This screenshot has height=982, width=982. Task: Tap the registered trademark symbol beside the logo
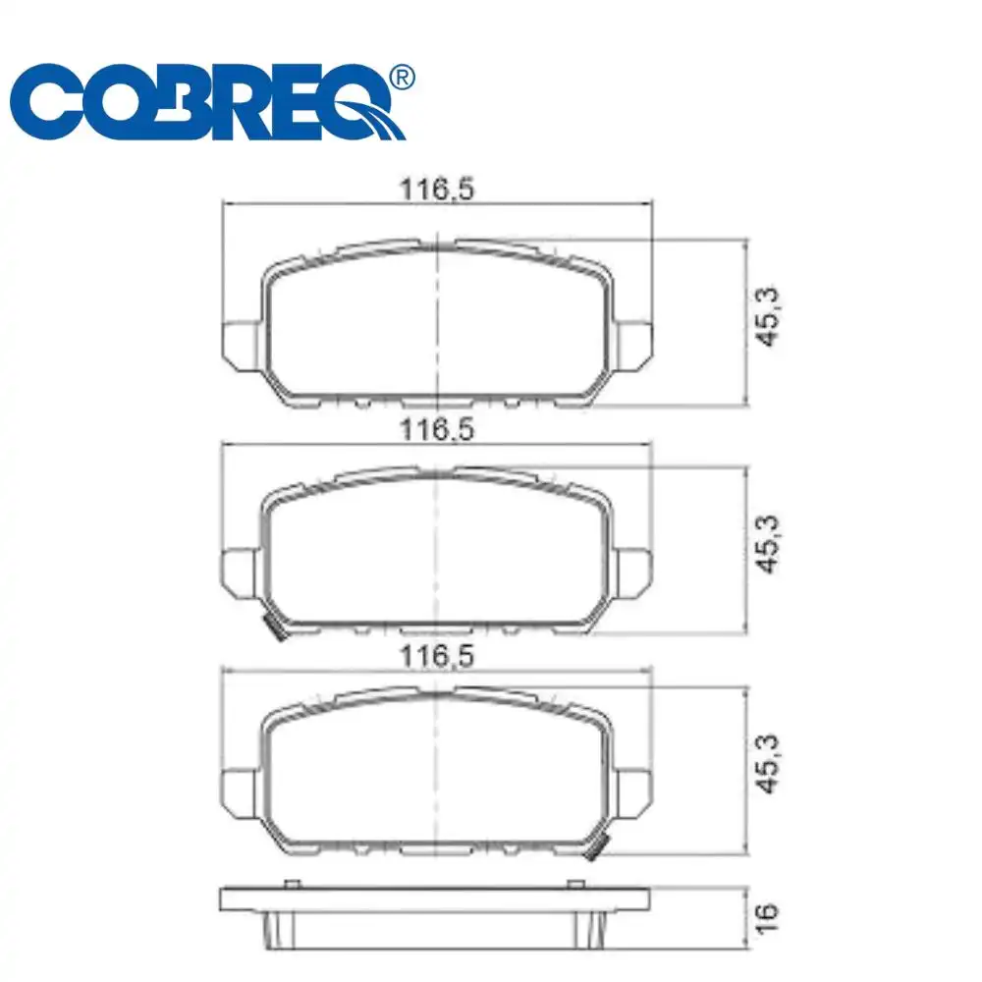[x=401, y=78]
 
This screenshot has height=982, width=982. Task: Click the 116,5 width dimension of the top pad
[x=436, y=190]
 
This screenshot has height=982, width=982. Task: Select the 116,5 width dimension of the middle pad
[x=436, y=428]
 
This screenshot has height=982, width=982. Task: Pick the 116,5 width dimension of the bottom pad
[x=436, y=655]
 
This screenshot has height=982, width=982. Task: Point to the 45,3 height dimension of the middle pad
[x=769, y=547]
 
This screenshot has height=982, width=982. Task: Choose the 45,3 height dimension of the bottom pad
[x=769, y=767]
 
